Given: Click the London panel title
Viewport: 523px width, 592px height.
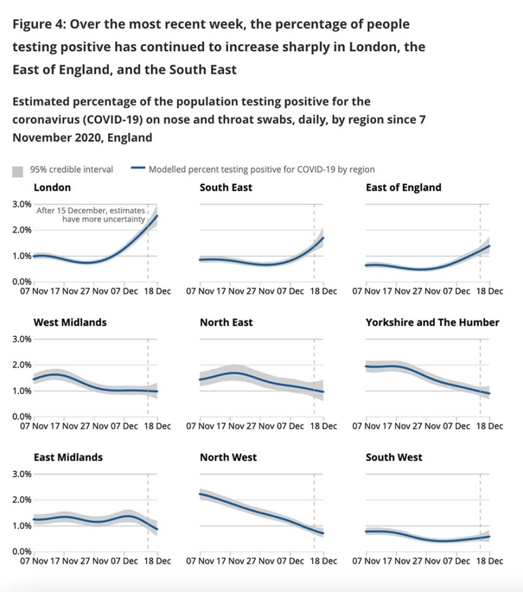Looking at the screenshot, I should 52,187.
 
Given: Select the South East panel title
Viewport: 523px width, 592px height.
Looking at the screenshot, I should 226,187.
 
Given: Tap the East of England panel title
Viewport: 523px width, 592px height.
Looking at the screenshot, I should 404,187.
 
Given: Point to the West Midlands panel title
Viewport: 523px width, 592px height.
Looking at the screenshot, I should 70,322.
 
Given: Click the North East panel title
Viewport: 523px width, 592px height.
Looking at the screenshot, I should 226,322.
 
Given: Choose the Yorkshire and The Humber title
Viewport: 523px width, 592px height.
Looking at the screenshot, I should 433,322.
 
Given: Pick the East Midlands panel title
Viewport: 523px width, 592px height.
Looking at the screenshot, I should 68,457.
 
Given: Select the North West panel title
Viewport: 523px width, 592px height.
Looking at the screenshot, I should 228,457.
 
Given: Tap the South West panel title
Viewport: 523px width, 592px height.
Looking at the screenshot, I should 394,457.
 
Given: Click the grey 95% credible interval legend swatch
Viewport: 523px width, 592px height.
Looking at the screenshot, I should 18,171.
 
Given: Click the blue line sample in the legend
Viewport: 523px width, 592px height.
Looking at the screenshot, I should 137,170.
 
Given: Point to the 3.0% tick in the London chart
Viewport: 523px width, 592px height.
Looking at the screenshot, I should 22,204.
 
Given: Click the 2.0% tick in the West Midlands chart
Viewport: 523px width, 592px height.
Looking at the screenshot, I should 22,365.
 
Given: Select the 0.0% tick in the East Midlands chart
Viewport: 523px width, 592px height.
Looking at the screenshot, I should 22,552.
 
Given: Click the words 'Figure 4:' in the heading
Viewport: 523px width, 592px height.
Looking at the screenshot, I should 38,25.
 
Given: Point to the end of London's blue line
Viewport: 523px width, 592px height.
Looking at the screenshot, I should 157,215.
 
